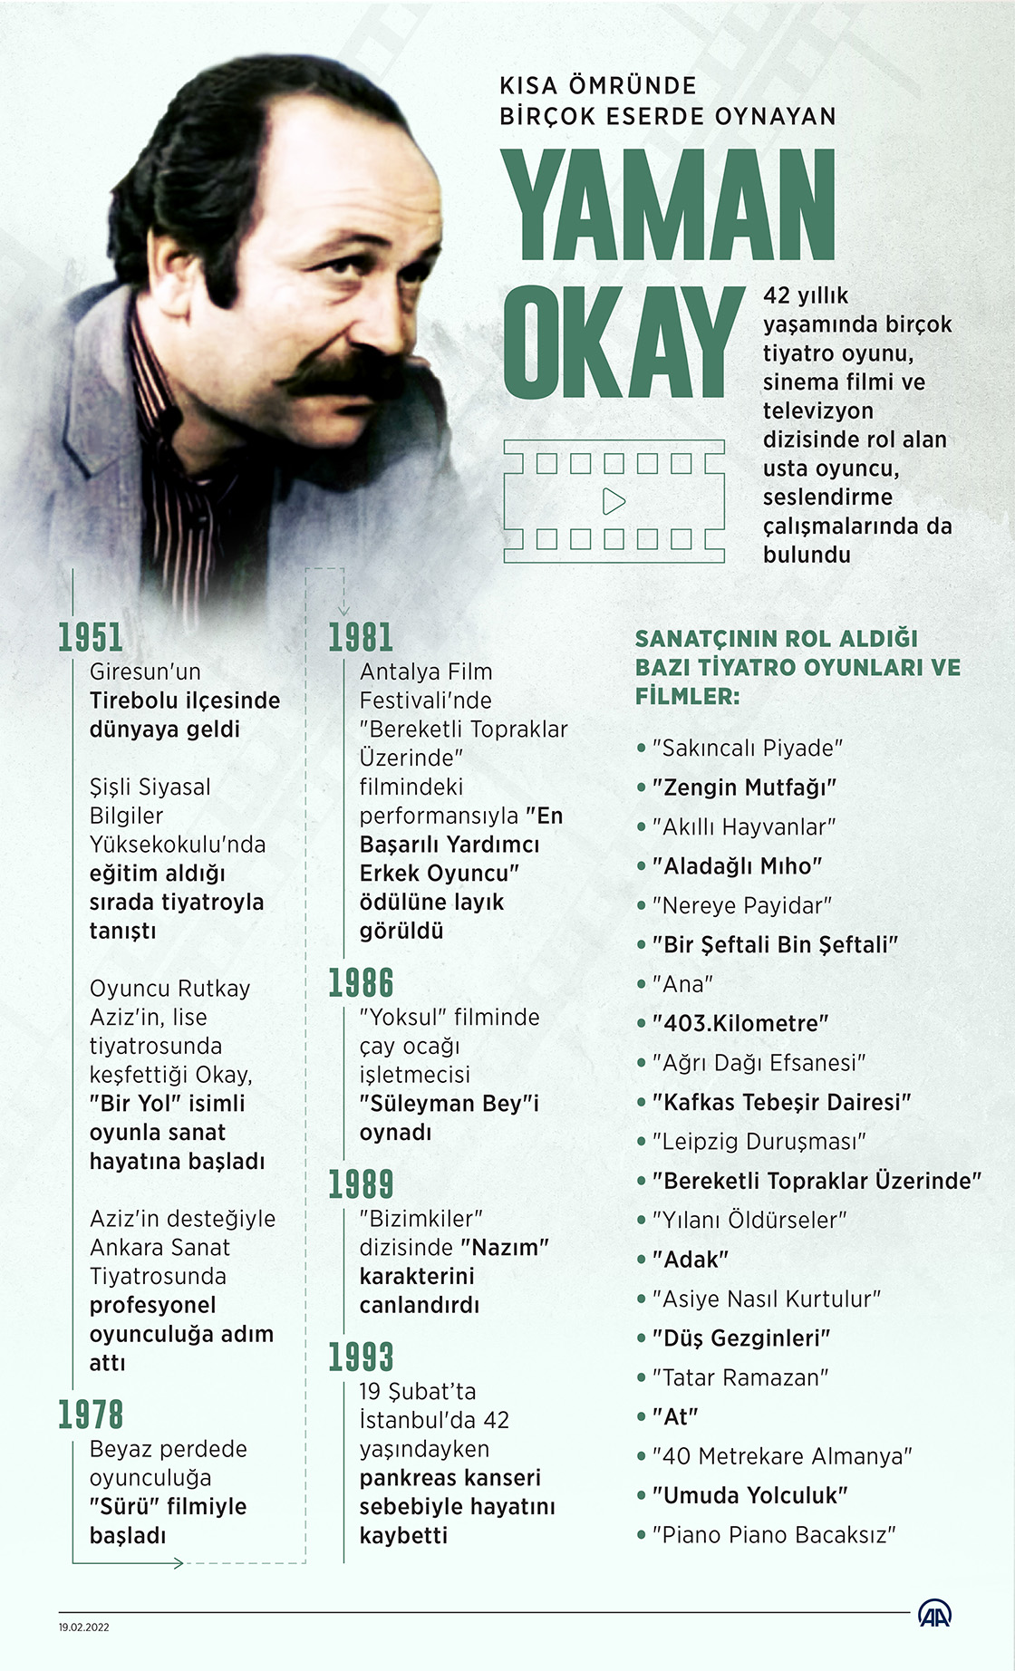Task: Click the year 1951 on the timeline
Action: (90, 637)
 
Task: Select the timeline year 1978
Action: (90, 1415)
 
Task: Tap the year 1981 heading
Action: (360, 637)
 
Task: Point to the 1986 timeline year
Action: (360, 983)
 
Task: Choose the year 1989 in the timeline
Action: (360, 1184)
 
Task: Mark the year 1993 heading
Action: (360, 1357)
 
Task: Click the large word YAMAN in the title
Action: (668, 206)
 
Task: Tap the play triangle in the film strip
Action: (614, 501)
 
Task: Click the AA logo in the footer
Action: (934, 1613)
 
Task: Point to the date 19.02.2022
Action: (83, 1627)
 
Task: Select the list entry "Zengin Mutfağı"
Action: (743, 787)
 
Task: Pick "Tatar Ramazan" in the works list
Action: (739, 1377)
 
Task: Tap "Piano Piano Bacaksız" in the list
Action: (773, 1534)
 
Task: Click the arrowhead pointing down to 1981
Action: (343, 609)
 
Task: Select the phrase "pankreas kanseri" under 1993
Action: (449, 1478)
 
